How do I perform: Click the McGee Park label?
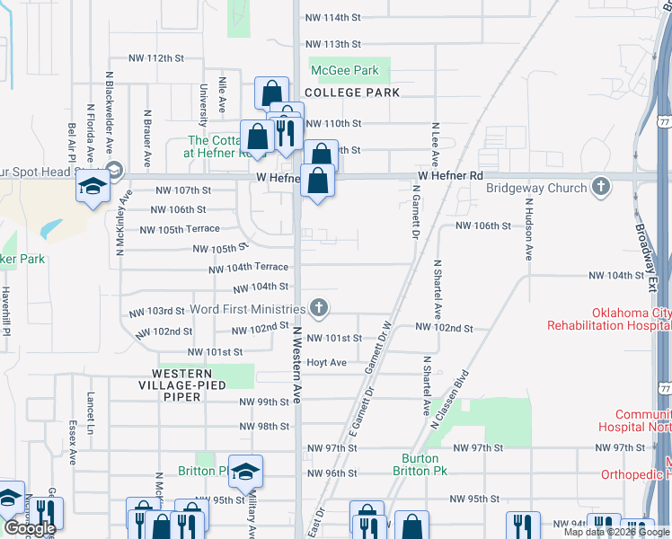point(344,70)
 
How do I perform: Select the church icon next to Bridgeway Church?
point(601,188)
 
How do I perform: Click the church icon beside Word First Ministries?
point(317,309)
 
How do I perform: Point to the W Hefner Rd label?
point(450,175)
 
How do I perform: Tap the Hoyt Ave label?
point(326,363)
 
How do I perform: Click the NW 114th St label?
point(332,18)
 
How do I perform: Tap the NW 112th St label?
point(156,57)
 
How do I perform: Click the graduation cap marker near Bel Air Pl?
point(92,187)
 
